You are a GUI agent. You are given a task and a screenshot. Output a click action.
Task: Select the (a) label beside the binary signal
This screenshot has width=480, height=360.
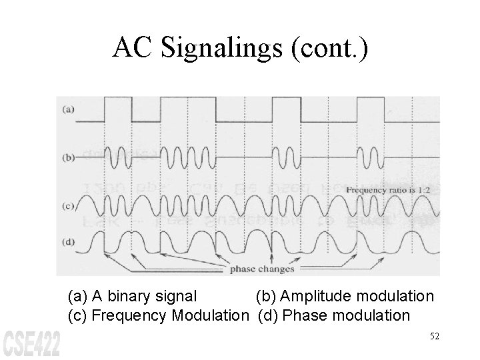coord(68,109)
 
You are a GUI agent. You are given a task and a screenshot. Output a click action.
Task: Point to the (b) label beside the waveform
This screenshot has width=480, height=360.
coord(68,158)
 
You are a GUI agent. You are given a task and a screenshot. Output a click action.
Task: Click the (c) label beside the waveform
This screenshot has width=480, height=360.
coord(68,206)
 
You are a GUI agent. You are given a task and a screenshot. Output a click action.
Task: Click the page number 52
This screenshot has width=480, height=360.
coord(435,337)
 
